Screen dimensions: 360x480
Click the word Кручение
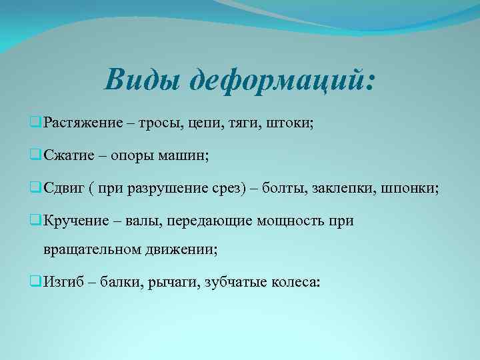72,221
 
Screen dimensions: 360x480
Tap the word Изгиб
63,282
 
